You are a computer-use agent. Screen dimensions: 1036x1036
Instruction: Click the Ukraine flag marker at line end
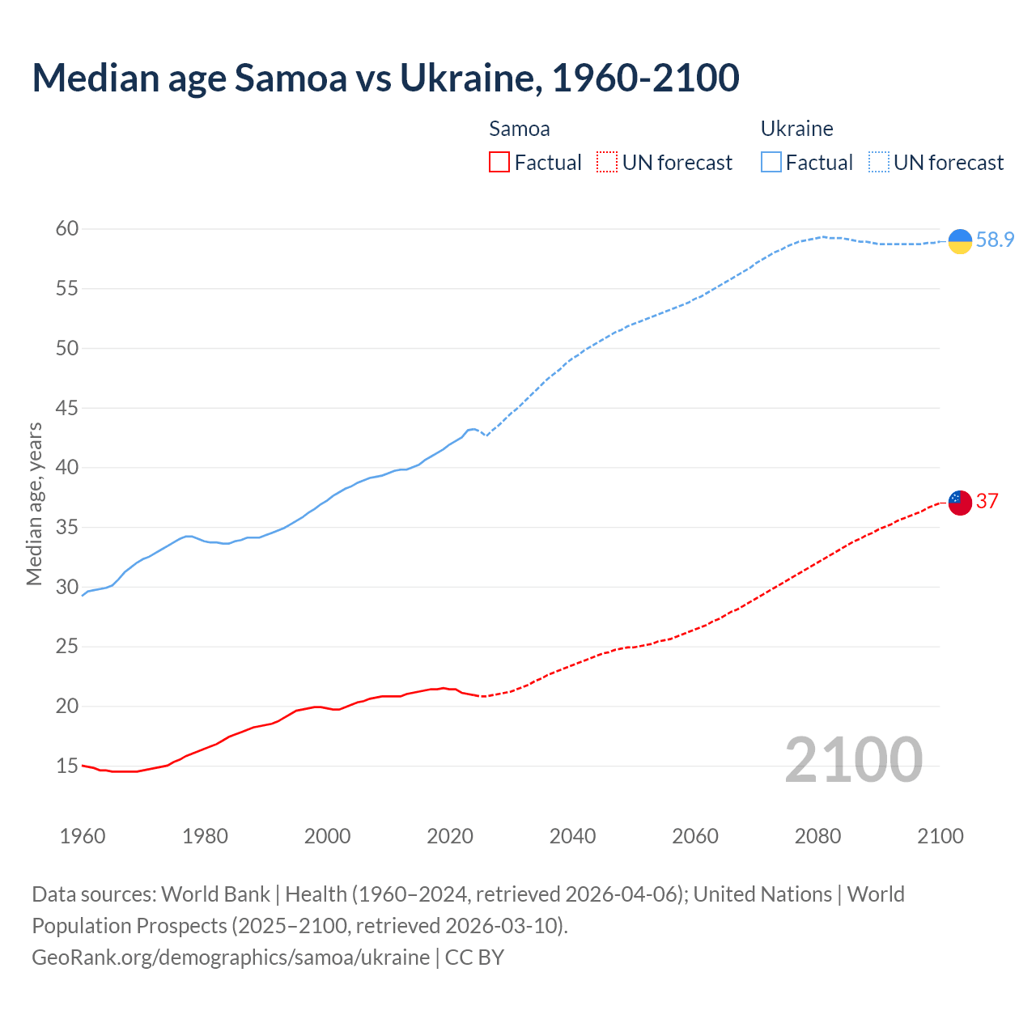pos(960,241)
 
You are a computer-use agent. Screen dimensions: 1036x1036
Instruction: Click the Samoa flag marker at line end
pos(960,503)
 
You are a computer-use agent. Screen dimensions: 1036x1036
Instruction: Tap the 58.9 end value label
pos(995,240)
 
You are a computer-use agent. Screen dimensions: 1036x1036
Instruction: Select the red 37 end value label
pos(987,502)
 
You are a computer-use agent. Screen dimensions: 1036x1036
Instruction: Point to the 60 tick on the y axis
pos(67,229)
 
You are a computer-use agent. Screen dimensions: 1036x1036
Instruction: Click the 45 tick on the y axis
pos(67,408)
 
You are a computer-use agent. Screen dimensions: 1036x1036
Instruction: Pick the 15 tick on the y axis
pos(67,766)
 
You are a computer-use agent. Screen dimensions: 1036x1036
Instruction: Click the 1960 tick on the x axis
pos(83,836)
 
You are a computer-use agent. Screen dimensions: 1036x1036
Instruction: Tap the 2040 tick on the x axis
pos(572,836)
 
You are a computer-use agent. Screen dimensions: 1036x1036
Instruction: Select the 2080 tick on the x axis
pos(817,836)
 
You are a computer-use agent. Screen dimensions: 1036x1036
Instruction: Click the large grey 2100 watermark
pos(853,760)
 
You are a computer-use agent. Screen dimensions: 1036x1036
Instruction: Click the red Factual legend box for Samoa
pos(499,163)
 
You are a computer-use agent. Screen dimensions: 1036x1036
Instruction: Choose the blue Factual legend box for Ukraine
pos(771,163)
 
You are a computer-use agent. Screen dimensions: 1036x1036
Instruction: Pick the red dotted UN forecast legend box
pos(607,163)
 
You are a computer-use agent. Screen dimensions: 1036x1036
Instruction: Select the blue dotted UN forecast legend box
pos(879,163)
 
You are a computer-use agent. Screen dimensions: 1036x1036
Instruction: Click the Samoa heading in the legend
pos(520,129)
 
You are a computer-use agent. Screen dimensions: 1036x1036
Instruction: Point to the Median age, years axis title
pos(34,503)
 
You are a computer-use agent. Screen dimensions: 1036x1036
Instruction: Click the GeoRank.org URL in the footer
pos(231,957)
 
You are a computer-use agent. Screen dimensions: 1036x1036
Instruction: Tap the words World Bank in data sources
pos(215,894)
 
